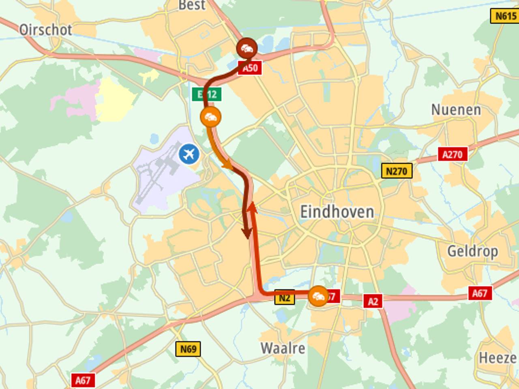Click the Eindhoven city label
click(x=337, y=212)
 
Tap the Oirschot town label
click(x=46, y=30)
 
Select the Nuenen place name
click(x=456, y=109)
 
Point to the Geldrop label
click(x=472, y=251)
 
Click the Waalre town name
click(x=283, y=348)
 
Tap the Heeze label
click(x=498, y=358)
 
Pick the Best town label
click(x=192, y=5)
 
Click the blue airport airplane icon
click(x=189, y=154)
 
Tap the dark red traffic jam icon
click(x=247, y=49)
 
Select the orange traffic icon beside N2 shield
click(x=318, y=296)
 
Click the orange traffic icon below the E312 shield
click(x=210, y=117)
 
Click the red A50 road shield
click(x=250, y=68)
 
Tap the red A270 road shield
click(x=452, y=154)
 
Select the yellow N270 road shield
click(x=397, y=171)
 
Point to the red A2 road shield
click(x=373, y=301)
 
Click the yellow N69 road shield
click(x=188, y=349)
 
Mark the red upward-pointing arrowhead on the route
click(x=252, y=207)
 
